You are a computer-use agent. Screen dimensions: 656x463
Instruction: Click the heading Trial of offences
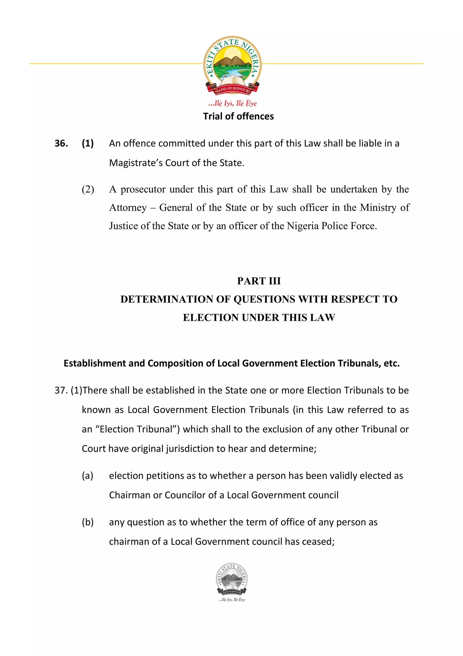pyautogui.click(x=238, y=116)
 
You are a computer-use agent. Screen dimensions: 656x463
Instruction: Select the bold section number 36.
pyautogui.click(x=61, y=144)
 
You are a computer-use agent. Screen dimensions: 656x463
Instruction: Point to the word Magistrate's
pyautogui.click(x=135, y=163)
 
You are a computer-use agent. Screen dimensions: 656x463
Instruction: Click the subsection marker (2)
pyautogui.click(x=88, y=189)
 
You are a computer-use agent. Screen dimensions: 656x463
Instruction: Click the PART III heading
pyautogui.click(x=259, y=281)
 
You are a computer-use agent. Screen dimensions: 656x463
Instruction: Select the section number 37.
pyautogui.click(x=61, y=390)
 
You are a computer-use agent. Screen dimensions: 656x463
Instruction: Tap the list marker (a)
pyautogui.click(x=87, y=476)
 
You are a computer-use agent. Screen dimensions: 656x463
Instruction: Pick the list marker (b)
pyautogui.click(x=87, y=522)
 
